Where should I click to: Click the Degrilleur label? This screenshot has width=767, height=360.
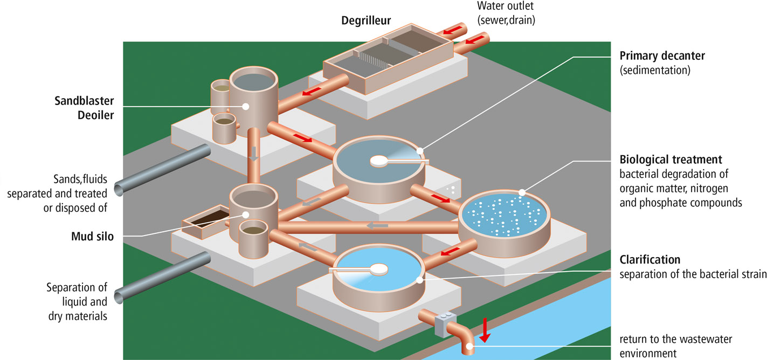(x=366, y=21)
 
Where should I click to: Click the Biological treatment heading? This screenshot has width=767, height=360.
(x=671, y=160)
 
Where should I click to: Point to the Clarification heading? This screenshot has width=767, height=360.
(x=649, y=260)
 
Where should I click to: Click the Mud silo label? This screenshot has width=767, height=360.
(x=92, y=236)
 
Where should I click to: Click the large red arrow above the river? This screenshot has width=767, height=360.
(x=485, y=329)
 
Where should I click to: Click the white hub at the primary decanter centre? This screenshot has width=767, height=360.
(x=379, y=160)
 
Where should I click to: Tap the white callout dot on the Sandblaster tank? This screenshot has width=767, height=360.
(x=245, y=107)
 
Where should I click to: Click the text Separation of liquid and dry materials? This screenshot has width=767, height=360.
(x=77, y=301)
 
